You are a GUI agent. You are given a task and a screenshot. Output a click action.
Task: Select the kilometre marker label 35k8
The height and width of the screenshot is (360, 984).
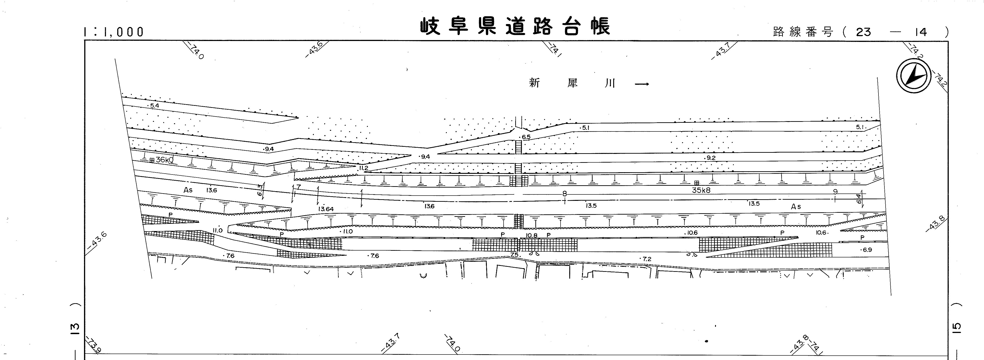tap(701, 190)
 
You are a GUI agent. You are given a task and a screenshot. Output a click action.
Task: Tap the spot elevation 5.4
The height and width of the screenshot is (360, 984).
tap(154, 106)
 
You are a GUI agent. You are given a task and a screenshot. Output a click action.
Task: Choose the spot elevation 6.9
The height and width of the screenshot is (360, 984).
tap(867, 250)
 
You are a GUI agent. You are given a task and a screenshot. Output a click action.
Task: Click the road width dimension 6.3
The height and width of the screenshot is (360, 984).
tap(260, 190)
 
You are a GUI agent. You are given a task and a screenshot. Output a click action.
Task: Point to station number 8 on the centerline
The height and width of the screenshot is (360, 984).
tap(565, 194)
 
